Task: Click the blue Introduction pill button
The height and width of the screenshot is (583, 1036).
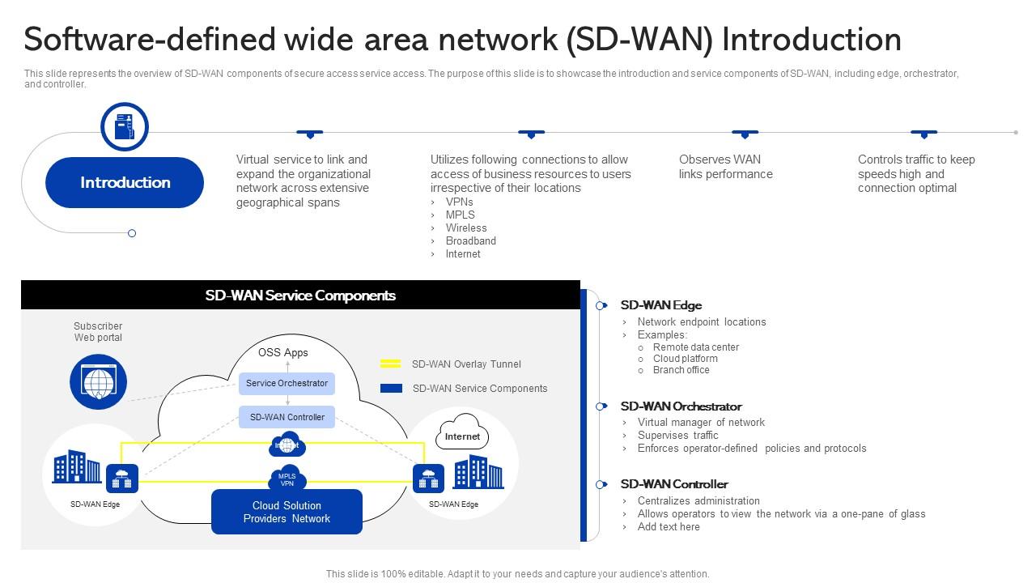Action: (x=125, y=182)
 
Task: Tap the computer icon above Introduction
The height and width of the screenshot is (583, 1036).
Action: (x=125, y=127)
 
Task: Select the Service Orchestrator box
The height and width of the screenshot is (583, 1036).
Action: (x=287, y=384)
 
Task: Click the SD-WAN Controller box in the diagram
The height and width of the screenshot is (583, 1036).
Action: (x=287, y=417)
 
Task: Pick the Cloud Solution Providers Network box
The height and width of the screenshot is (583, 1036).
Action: (x=287, y=512)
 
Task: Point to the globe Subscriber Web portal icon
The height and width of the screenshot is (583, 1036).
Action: (x=98, y=381)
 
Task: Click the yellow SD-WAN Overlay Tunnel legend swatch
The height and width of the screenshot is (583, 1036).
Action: (x=391, y=364)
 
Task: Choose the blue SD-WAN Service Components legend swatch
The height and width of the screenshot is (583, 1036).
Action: (x=391, y=389)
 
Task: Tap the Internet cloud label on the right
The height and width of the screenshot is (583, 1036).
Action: (x=462, y=436)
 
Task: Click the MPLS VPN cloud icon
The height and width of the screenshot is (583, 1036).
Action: (x=287, y=479)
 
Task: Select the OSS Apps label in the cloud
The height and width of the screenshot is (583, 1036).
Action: (x=283, y=352)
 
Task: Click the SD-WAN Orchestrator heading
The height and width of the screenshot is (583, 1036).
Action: (x=681, y=406)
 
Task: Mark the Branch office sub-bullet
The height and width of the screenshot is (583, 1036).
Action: (x=681, y=370)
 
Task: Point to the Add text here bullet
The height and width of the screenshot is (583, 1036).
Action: (x=668, y=527)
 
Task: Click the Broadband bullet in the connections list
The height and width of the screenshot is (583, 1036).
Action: (x=470, y=241)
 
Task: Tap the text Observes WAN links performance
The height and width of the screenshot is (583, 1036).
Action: (x=725, y=167)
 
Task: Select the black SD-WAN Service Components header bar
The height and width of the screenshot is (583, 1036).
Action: (x=300, y=296)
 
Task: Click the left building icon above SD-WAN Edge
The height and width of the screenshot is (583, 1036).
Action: (x=77, y=467)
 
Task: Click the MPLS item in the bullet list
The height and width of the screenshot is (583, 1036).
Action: (x=460, y=215)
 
